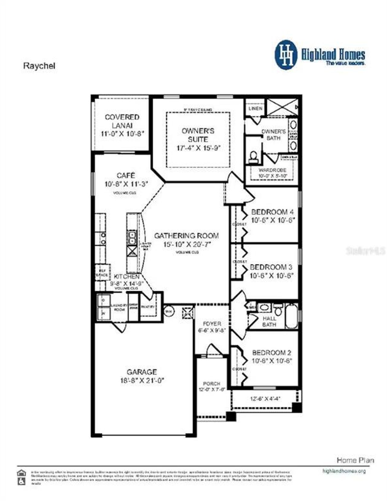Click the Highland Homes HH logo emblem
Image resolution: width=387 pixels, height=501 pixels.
[286, 55]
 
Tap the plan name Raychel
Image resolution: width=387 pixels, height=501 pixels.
[39, 66]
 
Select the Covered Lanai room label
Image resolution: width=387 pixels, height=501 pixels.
[122, 121]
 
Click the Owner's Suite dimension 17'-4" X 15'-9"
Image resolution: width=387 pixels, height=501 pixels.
[199, 148]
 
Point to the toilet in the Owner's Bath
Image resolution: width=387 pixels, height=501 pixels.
[253, 156]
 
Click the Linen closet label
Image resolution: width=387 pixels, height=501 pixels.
[255, 108]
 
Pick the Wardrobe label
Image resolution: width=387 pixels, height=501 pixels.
[272, 170]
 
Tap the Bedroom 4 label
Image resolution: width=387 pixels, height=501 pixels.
[272, 212]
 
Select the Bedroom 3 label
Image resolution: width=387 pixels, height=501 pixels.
[271, 267]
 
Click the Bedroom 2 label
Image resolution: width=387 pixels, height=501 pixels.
[272, 352]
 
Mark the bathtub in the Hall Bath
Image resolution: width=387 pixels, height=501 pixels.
[291, 316]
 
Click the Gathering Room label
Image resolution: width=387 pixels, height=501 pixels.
[187, 236]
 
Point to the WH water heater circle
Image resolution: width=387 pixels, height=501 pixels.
[169, 311]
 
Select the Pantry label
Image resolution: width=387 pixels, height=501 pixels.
[148, 307]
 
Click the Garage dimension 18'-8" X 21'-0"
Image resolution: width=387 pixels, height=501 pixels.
[142, 380]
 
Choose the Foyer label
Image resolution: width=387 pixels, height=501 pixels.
[212, 323]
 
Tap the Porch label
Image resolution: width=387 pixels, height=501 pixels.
[212, 383]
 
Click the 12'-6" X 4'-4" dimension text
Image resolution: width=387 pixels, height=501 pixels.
[265, 399]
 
